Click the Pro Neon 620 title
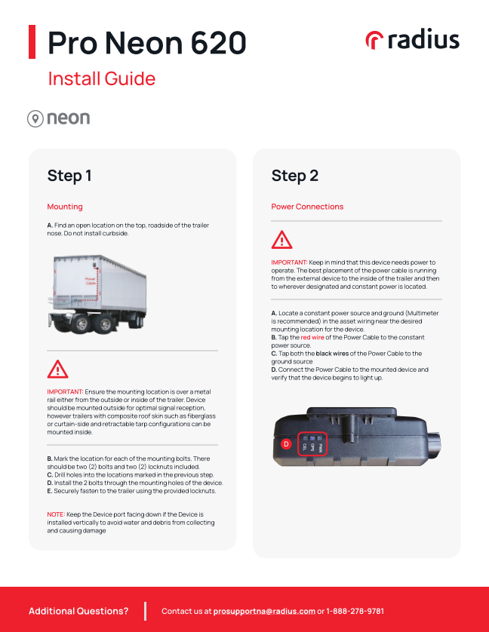coord(146,42)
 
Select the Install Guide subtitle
coord(101,79)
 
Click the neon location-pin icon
coord(35,118)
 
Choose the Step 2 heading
coord(294,176)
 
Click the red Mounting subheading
coord(65,207)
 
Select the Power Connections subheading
coord(307,207)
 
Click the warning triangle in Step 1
coord(57,369)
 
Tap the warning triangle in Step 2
coord(281,240)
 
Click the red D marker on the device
coord(286,444)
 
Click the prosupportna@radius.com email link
coord(264,611)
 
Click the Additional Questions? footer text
coord(78,611)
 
